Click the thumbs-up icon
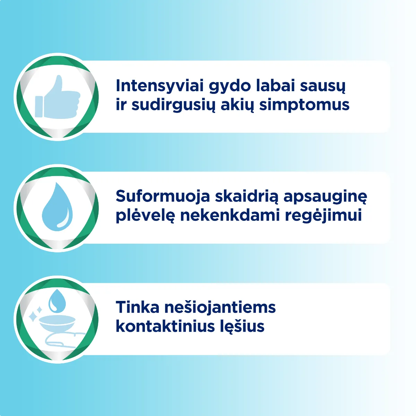click(x=57, y=97)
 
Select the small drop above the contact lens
click(x=55, y=300)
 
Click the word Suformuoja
click(x=163, y=196)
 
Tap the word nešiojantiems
click(x=220, y=308)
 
